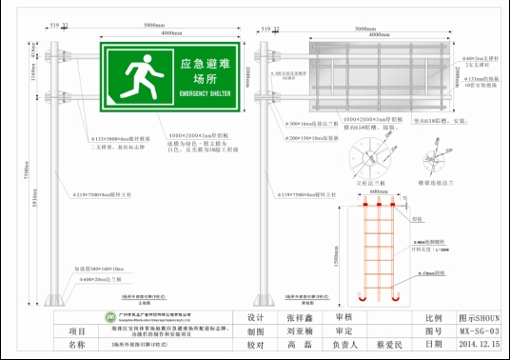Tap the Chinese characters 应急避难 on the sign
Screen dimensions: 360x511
click(205, 64)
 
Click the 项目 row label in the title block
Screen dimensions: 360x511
click(76, 331)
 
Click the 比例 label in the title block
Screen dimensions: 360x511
click(433, 318)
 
